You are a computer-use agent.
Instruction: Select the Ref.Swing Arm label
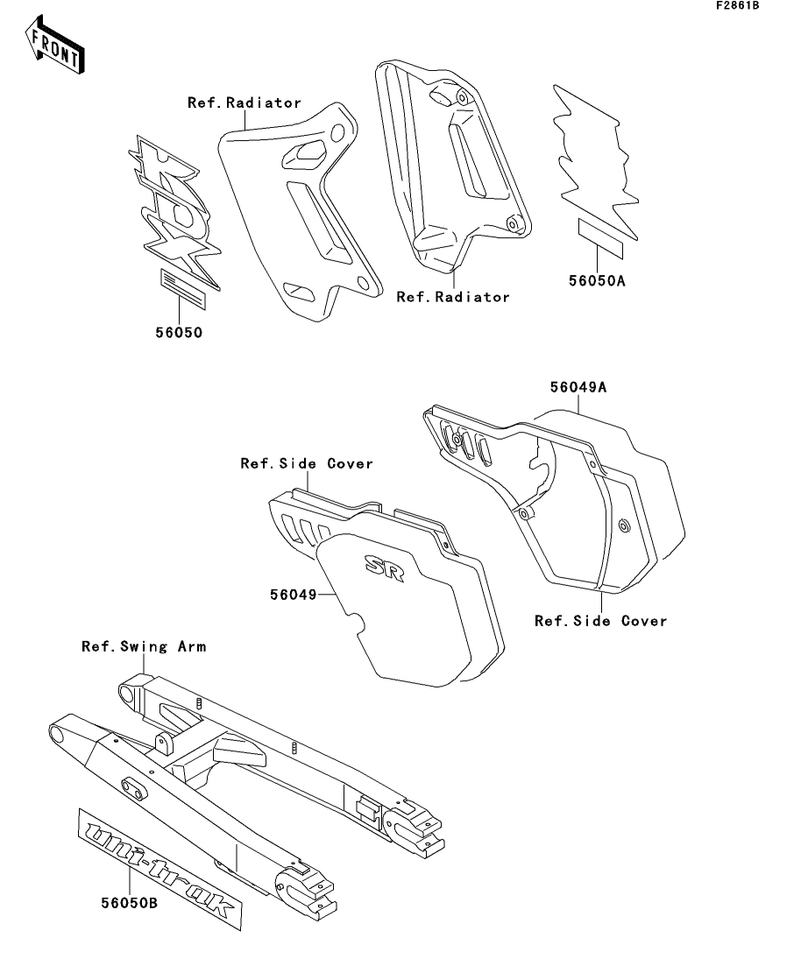[x=144, y=647]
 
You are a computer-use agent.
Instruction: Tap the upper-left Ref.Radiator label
[x=245, y=103]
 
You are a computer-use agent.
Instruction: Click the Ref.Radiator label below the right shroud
[x=453, y=297]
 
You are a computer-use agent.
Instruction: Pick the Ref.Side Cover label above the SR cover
[x=307, y=463]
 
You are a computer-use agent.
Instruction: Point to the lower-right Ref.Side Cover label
[x=601, y=621]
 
